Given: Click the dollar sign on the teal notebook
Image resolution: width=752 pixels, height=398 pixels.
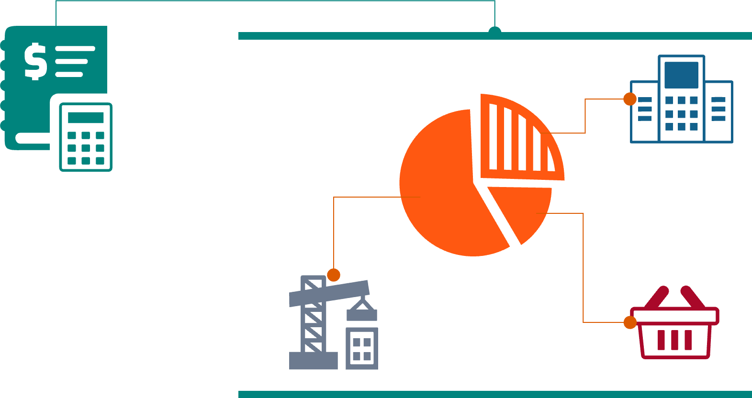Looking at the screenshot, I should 35,61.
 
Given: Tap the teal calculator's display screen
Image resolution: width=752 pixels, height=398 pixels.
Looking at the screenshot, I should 86,118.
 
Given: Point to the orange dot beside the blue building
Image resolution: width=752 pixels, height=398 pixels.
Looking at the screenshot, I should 630,99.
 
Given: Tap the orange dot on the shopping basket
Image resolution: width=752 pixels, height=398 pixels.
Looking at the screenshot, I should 630,322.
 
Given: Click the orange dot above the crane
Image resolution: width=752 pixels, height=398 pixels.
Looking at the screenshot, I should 334,275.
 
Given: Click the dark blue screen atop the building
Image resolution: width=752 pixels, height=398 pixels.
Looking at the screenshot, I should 681,75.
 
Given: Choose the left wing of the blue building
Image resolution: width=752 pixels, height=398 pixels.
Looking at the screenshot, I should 644,112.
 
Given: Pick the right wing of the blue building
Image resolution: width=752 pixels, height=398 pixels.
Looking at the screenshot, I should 718,112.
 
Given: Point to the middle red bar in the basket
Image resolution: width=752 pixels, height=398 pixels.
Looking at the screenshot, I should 674,340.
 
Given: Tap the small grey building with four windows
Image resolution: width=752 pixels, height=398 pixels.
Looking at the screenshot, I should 362,349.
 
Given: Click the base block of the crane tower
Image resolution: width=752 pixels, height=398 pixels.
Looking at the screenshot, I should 314,361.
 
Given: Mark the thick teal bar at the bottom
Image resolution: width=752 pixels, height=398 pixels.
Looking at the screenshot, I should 495,394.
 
